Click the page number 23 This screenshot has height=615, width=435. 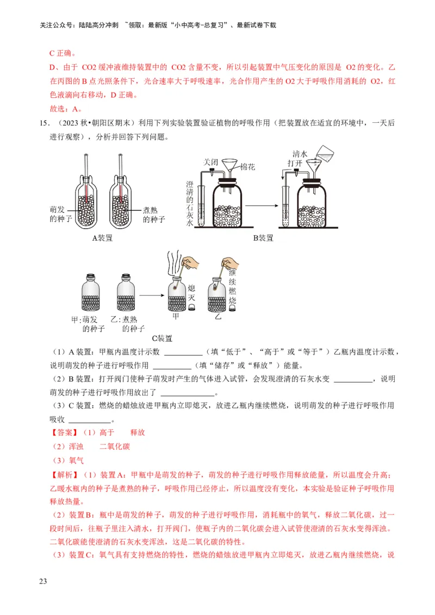coord(43,582)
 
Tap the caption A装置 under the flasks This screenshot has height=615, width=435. coord(103,237)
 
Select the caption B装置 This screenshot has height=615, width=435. coord(263,238)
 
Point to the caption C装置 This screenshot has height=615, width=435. coord(161,338)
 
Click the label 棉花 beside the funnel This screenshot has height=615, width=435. coord(247,167)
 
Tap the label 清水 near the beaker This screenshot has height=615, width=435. coord(300,154)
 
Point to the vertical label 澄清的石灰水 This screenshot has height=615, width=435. coord(190,204)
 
